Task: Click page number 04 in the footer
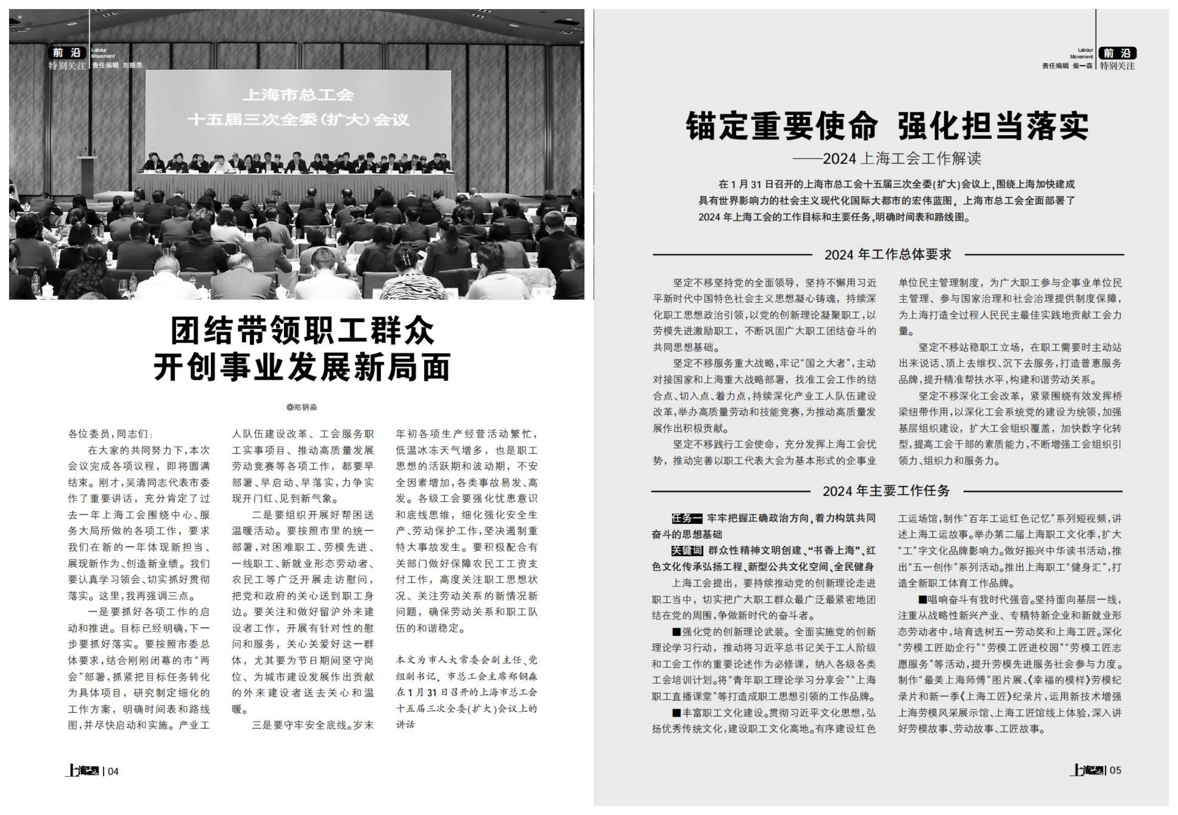point(113,771)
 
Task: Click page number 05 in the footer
point(1115,770)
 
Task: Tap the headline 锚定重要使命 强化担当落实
point(887,126)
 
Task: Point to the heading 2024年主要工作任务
point(886,491)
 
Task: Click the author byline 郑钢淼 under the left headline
point(302,407)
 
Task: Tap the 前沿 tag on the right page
point(1117,53)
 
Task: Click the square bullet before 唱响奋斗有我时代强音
point(922,599)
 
